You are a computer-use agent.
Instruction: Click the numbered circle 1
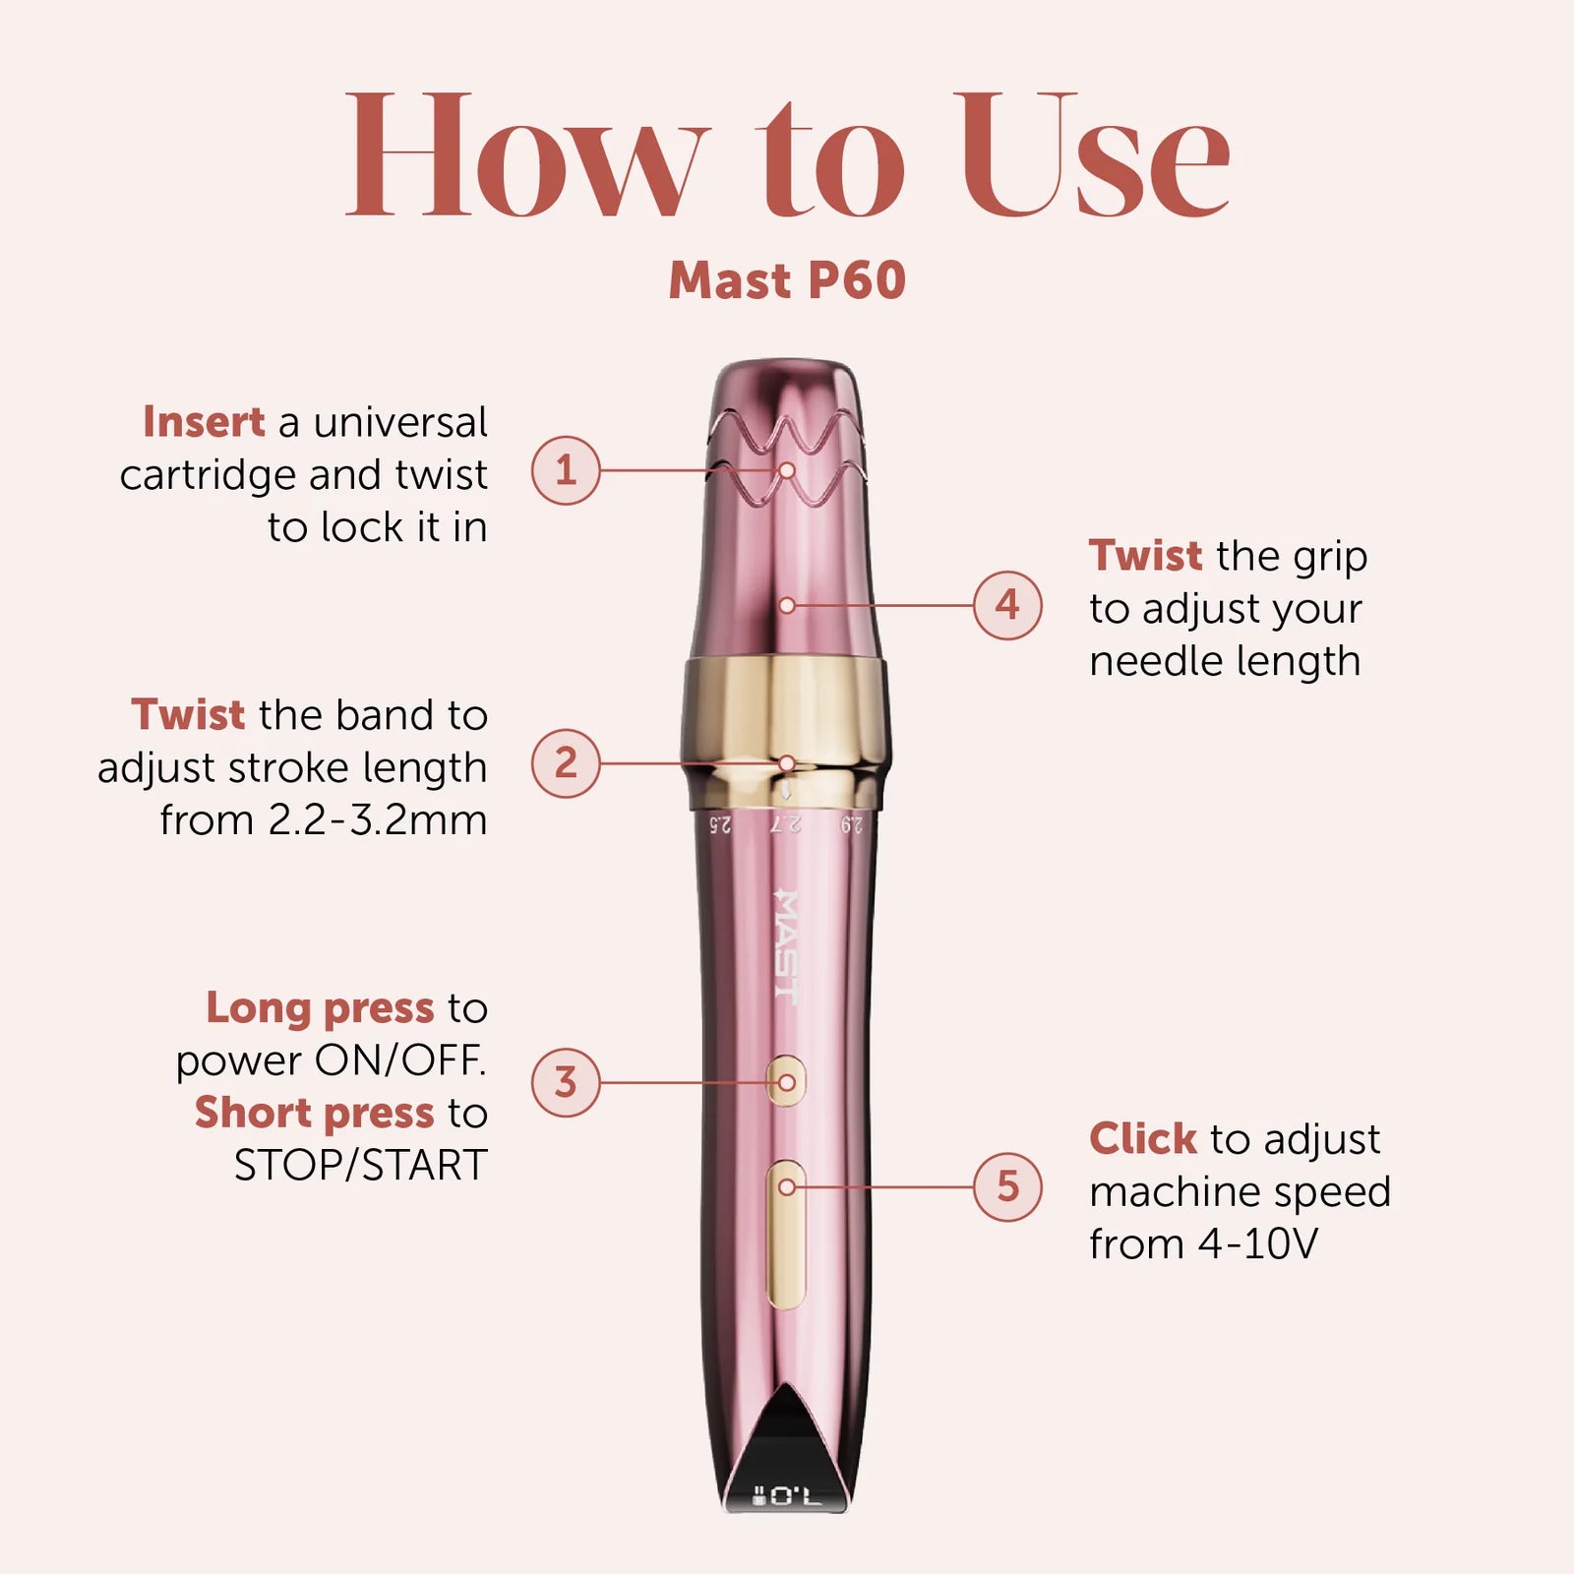pyautogui.click(x=566, y=470)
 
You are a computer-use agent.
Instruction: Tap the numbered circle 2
pyautogui.click(x=566, y=762)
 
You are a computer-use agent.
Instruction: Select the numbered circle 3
pyautogui.click(x=566, y=1082)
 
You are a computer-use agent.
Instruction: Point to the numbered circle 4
pyautogui.click(x=1007, y=605)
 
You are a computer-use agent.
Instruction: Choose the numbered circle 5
pyautogui.click(x=1007, y=1186)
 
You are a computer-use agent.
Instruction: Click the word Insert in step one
pyautogui.click(x=204, y=422)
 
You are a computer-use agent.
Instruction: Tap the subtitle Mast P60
pyautogui.click(x=787, y=280)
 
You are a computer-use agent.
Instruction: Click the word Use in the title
pyautogui.click(x=1092, y=154)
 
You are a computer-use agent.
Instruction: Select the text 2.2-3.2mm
pyautogui.click(x=378, y=819)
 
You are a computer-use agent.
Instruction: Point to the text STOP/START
pyautogui.click(x=361, y=1166)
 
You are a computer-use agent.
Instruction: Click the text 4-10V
pyautogui.click(x=1257, y=1244)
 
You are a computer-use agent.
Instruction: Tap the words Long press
pyautogui.click(x=320, y=1009)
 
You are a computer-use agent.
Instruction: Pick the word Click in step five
pyautogui.click(x=1143, y=1139)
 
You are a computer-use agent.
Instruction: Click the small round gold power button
pyautogui.click(x=786, y=1082)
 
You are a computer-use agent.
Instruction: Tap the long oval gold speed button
pyautogui.click(x=786, y=1235)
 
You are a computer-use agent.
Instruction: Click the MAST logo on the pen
pyautogui.click(x=786, y=946)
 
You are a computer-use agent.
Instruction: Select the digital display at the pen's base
pyautogui.click(x=785, y=1496)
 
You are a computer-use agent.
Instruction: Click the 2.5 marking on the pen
pyautogui.click(x=720, y=824)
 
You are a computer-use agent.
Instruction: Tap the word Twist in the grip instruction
pyautogui.click(x=1145, y=556)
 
